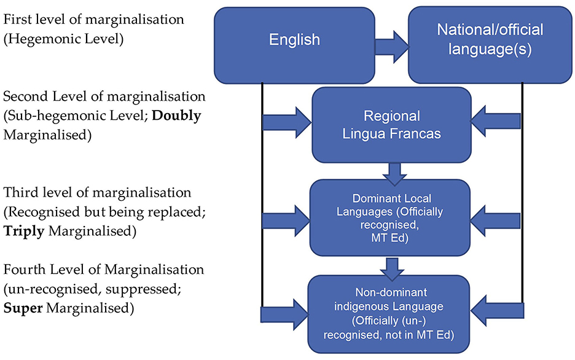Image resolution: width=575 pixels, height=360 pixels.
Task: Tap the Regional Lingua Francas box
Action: (393, 125)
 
